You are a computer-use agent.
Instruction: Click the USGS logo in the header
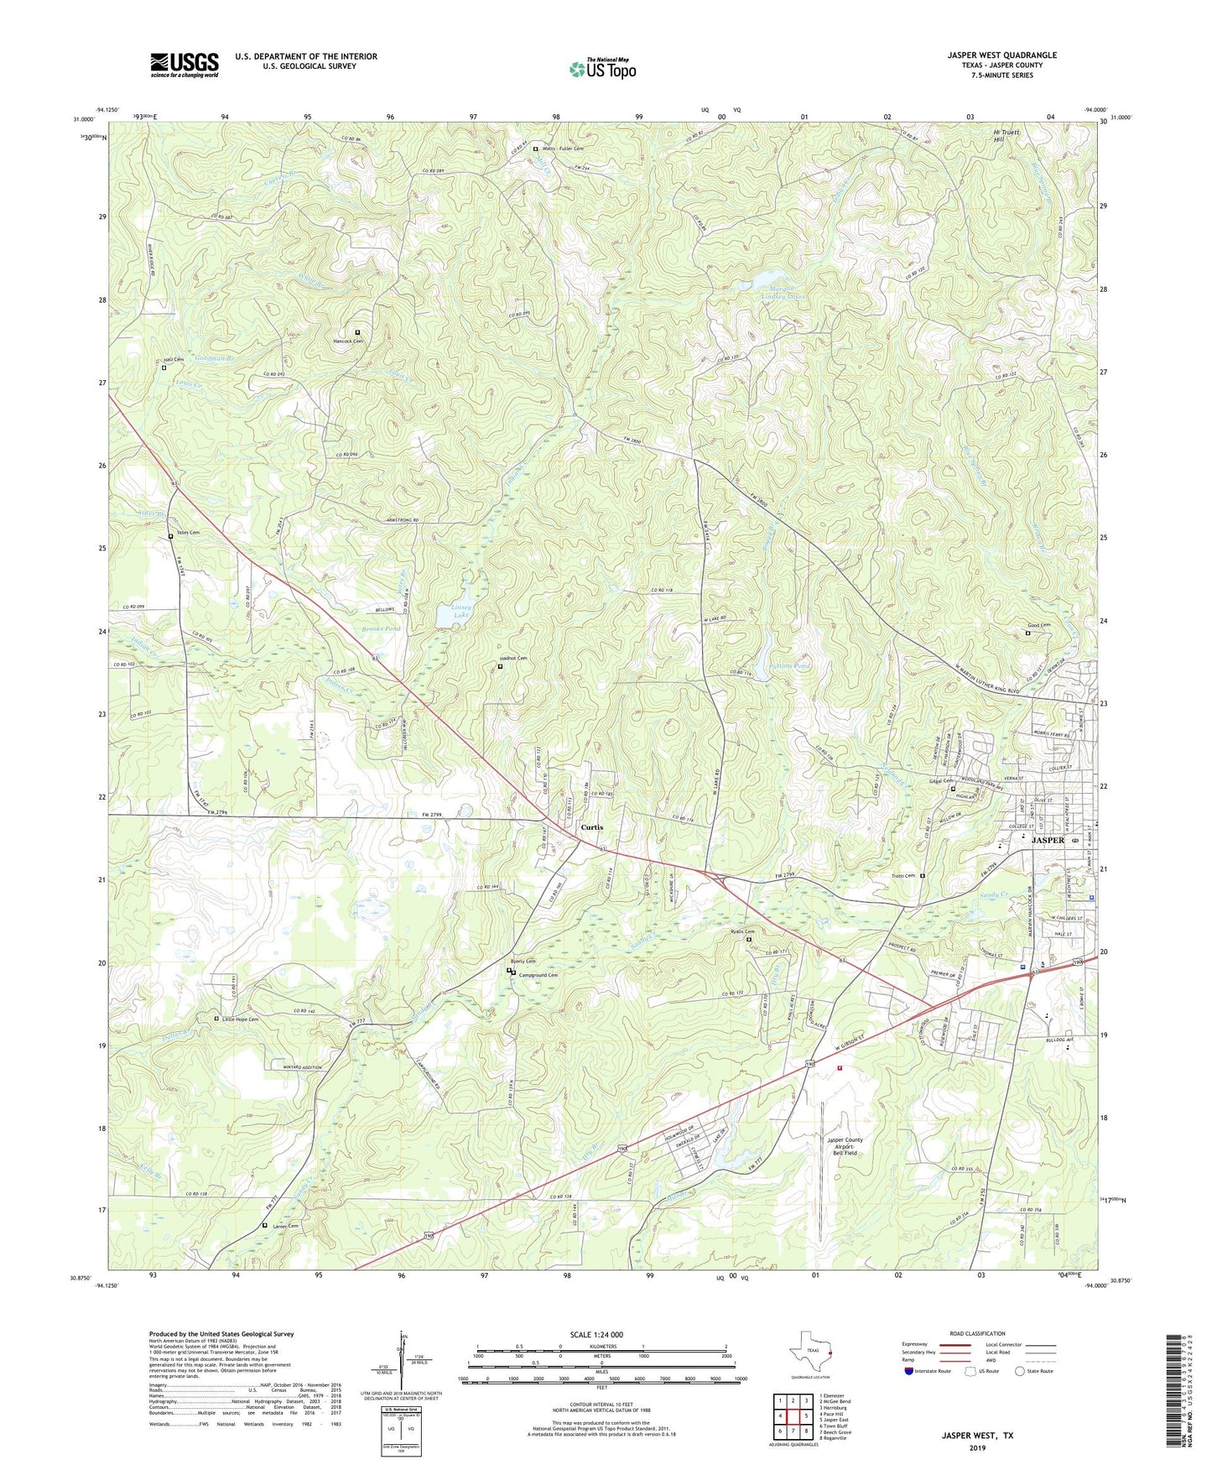[x=185, y=65]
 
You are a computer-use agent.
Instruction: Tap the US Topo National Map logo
[x=602, y=68]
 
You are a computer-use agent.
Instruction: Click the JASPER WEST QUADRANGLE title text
[x=1001, y=55]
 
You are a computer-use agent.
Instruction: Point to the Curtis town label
[x=591, y=827]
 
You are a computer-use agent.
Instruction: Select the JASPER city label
[x=1048, y=840]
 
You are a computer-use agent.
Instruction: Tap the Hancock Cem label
[x=348, y=341]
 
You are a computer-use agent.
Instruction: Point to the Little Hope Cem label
[x=240, y=1019]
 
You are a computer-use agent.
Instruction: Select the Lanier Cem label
[x=284, y=1225]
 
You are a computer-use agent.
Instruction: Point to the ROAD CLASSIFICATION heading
[x=977, y=1333]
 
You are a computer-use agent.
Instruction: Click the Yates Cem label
[x=187, y=534]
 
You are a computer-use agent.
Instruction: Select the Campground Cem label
[x=538, y=975]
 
